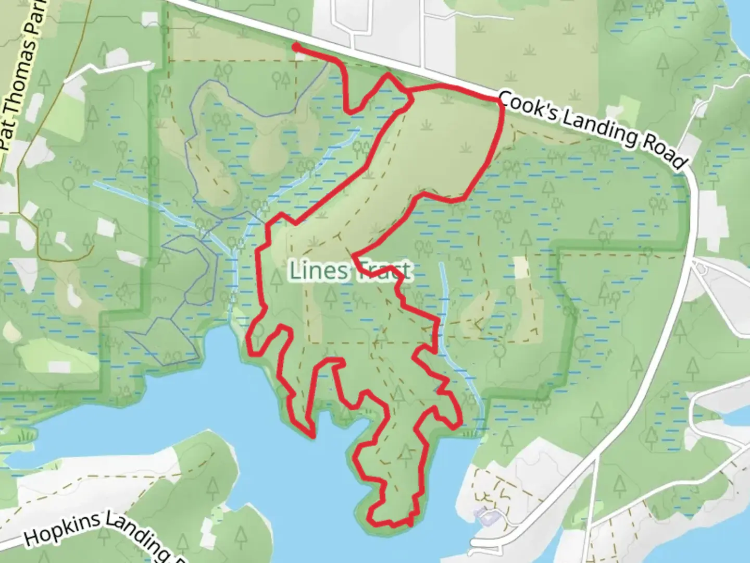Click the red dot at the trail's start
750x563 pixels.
[x=295, y=47]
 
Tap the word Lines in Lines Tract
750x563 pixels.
[x=318, y=271]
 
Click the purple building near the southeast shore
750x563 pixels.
[x=487, y=517]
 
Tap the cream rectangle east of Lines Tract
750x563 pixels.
[x=521, y=267]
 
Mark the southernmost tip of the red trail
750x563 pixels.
[x=410, y=524]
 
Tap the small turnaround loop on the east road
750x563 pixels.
[x=701, y=267]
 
